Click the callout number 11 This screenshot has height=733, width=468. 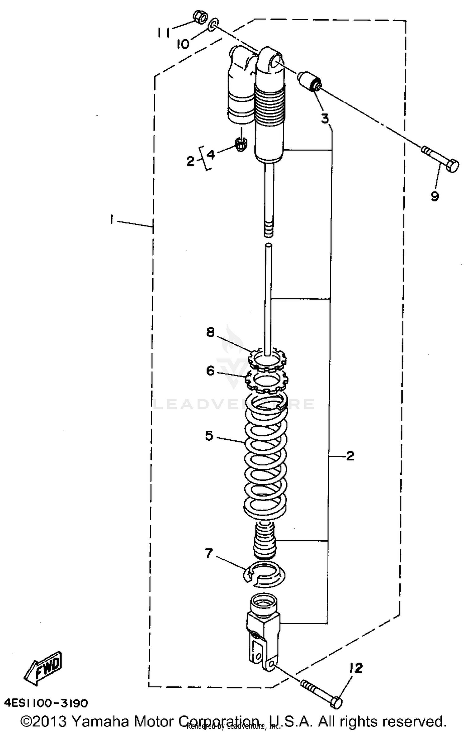coord(163,32)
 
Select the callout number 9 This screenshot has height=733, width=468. coord(435,196)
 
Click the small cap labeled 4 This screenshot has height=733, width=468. coord(241,144)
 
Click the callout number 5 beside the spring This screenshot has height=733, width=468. coord(209,436)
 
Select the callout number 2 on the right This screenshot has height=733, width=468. coord(350,456)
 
